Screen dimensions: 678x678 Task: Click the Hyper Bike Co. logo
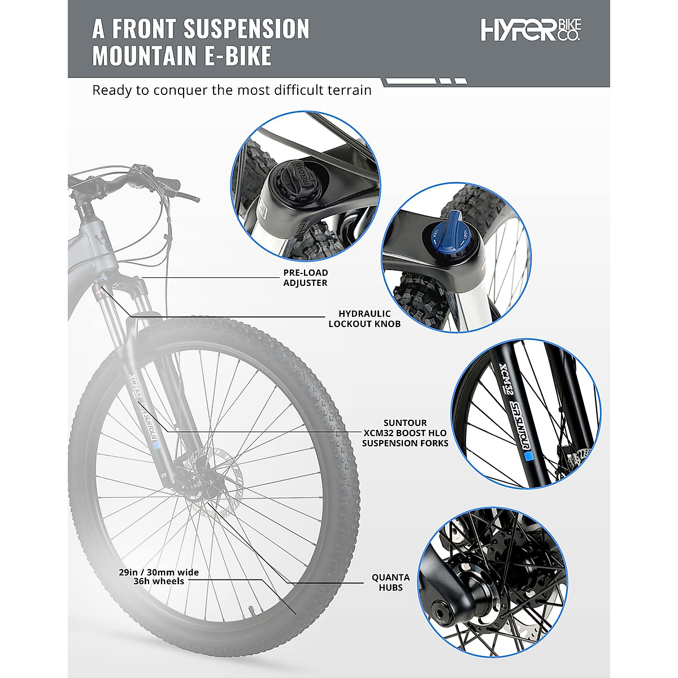point(531,30)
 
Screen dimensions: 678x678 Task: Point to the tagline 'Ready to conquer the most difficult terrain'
point(232,90)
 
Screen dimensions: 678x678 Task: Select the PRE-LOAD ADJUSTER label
point(305,277)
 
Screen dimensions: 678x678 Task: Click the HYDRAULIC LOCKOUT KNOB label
point(364,319)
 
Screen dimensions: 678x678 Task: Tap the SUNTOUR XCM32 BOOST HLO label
point(405,433)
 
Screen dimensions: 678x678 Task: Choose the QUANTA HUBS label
point(390,583)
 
